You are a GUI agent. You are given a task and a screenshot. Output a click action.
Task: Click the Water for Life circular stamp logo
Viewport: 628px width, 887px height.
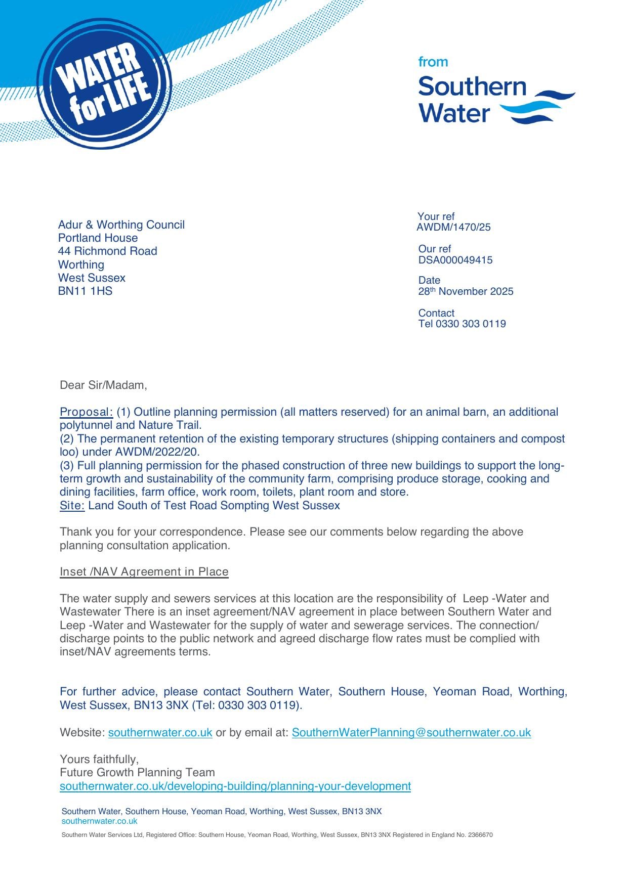(105, 84)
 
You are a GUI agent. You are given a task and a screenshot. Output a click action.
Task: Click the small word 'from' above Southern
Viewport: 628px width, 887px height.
(433, 62)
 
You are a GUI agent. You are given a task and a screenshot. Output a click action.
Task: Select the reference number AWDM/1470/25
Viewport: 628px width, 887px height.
(453, 228)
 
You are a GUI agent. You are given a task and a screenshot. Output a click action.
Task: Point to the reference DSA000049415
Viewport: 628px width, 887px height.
(455, 260)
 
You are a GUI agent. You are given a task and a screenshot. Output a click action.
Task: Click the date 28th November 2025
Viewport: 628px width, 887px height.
(466, 291)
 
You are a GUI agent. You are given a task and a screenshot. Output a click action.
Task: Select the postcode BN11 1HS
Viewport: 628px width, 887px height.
(85, 291)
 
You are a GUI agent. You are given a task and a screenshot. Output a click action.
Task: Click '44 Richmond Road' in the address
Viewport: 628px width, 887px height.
(107, 251)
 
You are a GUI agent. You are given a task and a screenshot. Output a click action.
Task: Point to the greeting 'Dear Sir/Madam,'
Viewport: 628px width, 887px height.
(103, 385)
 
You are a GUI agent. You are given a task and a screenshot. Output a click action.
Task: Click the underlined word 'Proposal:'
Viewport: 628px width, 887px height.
(86, 412)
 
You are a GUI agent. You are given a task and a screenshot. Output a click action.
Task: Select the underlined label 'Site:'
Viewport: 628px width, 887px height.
(72, 506)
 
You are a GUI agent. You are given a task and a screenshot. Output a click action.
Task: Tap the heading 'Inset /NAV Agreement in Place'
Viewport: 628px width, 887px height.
(144, 572)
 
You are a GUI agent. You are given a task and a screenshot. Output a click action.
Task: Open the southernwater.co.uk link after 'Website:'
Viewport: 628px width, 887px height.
(160, 733)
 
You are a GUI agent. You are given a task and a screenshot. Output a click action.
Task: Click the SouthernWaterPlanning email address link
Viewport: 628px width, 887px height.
(411, 733)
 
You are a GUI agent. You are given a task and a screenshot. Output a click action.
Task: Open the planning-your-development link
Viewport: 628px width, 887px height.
(235, 786)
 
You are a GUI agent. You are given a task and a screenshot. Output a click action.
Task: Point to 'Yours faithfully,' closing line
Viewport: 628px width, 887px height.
(99, 760)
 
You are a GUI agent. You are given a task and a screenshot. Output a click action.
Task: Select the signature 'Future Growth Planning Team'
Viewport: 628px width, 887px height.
(137, 773)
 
